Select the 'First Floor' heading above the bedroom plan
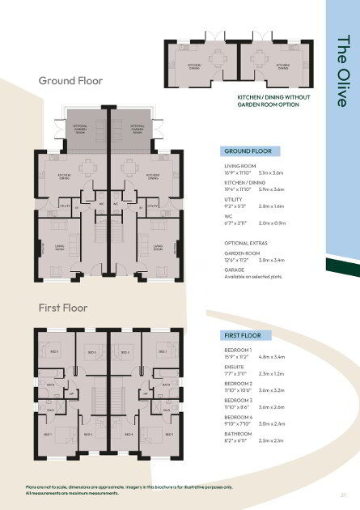point(64,308)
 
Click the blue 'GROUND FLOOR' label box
point(250,151)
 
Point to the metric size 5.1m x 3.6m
point(272,172)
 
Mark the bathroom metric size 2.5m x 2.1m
point(272,440)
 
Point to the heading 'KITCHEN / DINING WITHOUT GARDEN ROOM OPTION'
point(258,100)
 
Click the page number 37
point(344,491)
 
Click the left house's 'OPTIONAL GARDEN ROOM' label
point(80,129)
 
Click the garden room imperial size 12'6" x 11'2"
point(239,261)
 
